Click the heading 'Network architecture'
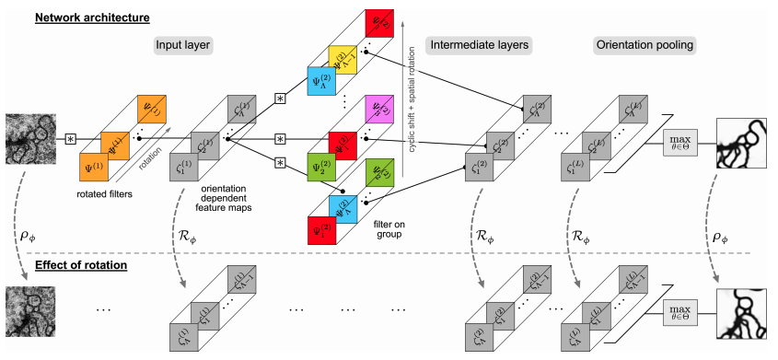click(81, 17)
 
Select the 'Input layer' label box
click(185, 43)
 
